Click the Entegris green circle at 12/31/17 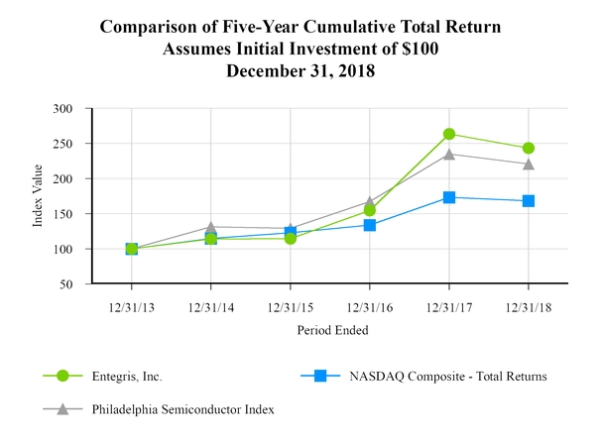pyautogui.click(x=449, y=134)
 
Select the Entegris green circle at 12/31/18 pyautogui.click(x=529, y=148)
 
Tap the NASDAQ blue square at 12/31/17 pyautogui.click(x=449, y=197)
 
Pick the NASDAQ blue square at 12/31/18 pyautogui.click(x=529, y=201)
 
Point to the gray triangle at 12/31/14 pyautogui.click(x=211, y=227)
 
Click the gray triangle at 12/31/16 pyautogui.click(x=370, y=201)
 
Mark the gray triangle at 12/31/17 pyautogui.click(x=449, y=154)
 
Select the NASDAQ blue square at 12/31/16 pyautogui.click(x=370, y=225)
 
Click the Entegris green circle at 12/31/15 pyautogui.click(x=291, y=238)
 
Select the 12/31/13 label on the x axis pyautogui.click(x=132, y=307)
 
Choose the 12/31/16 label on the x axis pyautogui.click(x=370, y=307)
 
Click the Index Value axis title pyautogui.click(x=39, y=196)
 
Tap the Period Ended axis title pyautogui.click(x=330, y=329)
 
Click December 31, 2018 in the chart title pyautogui.click(x=300, y=70)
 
